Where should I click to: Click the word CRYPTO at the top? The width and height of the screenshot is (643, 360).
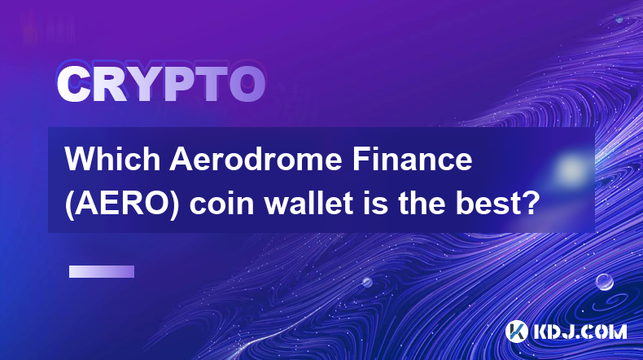click(x=161, y=84)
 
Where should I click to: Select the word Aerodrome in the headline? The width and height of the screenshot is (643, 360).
click(x=256, y=159)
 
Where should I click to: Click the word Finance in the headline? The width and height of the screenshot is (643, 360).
click(x=412, y=159)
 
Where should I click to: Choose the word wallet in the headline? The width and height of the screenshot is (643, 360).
click(x=309, y=204)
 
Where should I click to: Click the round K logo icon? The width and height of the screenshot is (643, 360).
click(x=517, y=331)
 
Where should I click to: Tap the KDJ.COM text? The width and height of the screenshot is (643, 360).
click(x=580, y=331)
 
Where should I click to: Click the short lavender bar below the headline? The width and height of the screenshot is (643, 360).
click(x=102, y=272)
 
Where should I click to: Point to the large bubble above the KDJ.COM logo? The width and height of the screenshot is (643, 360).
click(x=605, y=282)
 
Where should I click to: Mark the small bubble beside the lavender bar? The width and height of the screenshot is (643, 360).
click(x=367, y=282)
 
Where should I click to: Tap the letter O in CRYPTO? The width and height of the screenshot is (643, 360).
click(x=247, y=84)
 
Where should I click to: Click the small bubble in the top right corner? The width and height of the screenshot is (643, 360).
click(x=619, y=19)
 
